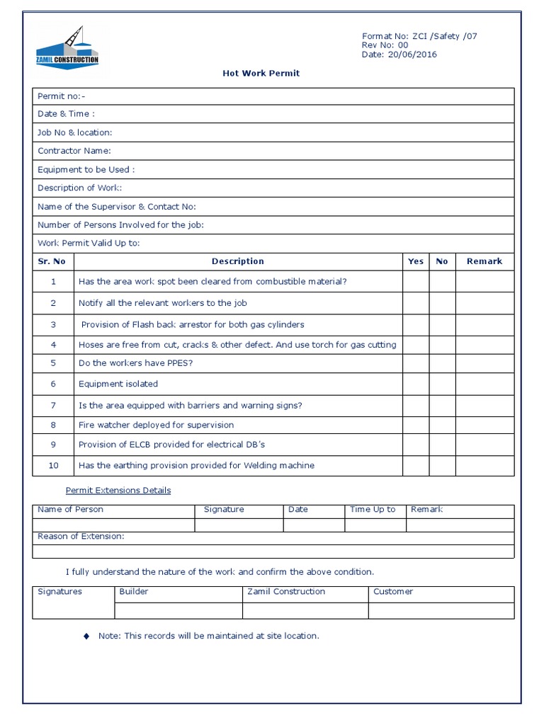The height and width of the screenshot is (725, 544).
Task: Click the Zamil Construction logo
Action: [67, 49]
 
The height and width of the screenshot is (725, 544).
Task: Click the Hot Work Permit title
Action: [261, 73]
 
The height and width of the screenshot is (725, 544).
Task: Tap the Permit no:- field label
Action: [61, 96]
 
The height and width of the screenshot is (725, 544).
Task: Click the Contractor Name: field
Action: [74, 151]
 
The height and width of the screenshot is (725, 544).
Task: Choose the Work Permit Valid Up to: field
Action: [89, 243]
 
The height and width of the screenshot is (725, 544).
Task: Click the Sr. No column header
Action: [52, 261]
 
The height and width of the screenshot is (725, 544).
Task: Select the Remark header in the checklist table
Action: [484, 261]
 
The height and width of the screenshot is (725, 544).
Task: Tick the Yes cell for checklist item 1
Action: [416, 282]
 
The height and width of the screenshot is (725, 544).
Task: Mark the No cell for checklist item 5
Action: [442, 363]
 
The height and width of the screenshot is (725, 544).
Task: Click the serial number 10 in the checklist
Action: [53, 465]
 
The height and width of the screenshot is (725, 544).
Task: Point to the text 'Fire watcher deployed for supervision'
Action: [156, 425]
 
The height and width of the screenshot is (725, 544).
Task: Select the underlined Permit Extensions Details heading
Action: [118, 490]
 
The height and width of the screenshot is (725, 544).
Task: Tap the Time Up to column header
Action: [373, 510]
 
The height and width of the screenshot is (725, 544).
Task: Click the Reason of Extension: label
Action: [81, 536]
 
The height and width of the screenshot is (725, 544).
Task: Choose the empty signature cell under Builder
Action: [178, 611]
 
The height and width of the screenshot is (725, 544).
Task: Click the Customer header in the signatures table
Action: [393, 592]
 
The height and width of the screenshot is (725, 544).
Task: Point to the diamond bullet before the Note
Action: [86, 636]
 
